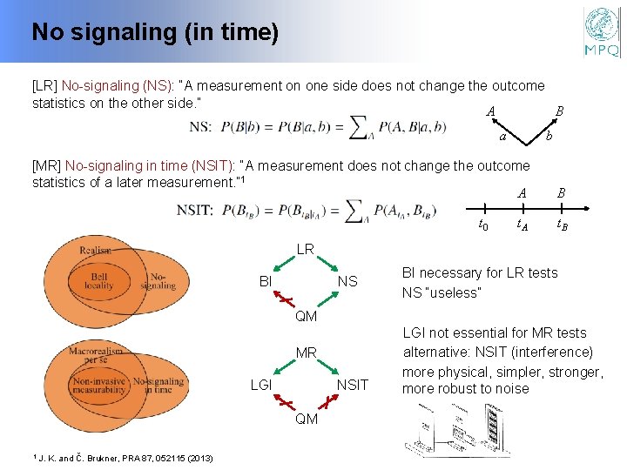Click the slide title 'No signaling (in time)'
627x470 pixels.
point(155,33)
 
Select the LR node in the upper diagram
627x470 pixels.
point(305,250)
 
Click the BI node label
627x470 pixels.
point(266,282)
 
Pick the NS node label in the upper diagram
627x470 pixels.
point(347,282)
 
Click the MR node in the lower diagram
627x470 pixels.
point(306,353)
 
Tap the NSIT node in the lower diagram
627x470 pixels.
point(352,385)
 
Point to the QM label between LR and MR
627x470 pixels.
point(306,317)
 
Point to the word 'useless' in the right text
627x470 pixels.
point(454,293)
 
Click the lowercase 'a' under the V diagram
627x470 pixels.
point(503,138)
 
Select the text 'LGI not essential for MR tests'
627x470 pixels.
point(494,332)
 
